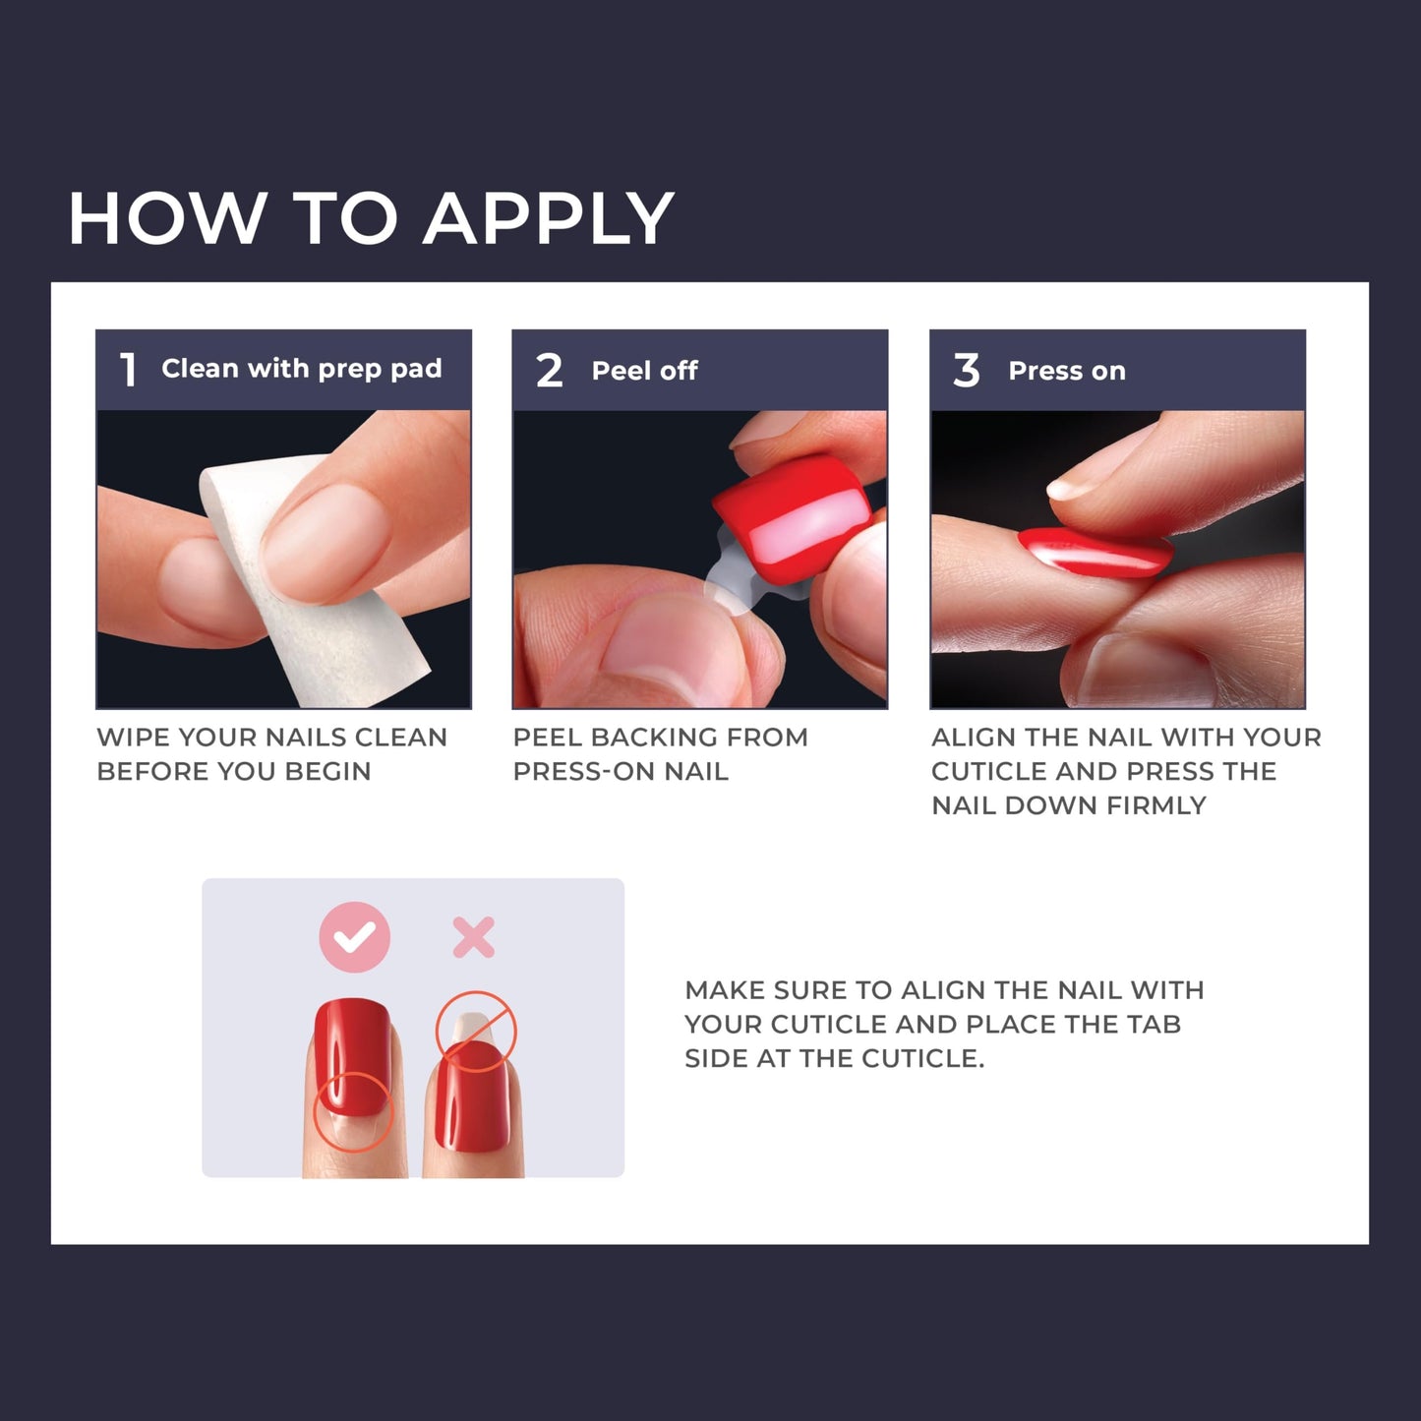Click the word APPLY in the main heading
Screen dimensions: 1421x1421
(549, 219)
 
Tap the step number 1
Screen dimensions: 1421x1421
(128, 371)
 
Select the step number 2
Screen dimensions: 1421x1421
(549, 371)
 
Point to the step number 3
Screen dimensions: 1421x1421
(966, 371)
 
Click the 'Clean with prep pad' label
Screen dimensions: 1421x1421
(301, 369)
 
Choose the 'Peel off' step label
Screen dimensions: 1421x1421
(644, 371)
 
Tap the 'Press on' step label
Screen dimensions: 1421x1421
(1066, 371)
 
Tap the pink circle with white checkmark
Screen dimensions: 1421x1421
(355, 937)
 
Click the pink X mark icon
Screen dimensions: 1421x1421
(473, 937)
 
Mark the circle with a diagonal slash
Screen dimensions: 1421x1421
(476, 1031)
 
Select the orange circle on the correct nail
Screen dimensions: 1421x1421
(352, 1111)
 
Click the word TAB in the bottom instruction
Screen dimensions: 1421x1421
(1155, 1025)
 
